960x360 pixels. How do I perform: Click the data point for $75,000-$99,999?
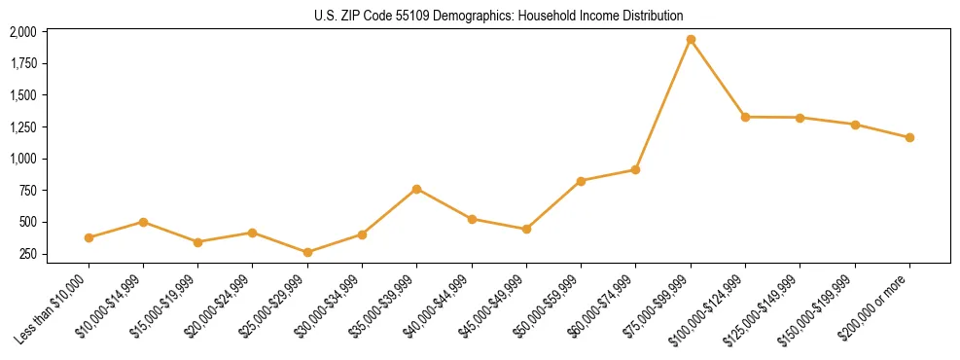coord(691,40)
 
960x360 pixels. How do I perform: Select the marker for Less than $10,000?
coord(89,237)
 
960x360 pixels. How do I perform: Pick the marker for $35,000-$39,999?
coord(416,189)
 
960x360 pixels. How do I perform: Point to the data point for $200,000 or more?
coord(909,137)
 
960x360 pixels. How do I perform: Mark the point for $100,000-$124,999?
coord(745,117)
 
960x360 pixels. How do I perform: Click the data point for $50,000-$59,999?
coord(581,181)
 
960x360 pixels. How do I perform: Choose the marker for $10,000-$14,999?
coord(143,222)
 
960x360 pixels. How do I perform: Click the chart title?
coord(499,16)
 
